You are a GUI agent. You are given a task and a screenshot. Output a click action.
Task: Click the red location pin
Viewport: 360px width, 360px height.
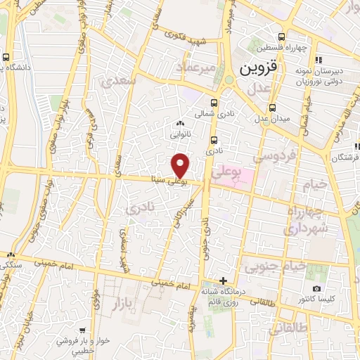point(181,165)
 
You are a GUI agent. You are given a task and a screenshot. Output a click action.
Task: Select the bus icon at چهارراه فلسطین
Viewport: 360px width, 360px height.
point(281,37)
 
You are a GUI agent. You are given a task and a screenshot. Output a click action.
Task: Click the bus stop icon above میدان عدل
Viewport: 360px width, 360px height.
point(272,108)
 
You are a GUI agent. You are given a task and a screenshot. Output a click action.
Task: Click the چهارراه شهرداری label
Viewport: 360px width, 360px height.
point(307,220)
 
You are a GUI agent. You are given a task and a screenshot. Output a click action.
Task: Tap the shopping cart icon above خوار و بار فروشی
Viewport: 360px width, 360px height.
point(83,330)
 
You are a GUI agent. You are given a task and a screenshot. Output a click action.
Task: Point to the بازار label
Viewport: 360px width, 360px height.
point(121,303)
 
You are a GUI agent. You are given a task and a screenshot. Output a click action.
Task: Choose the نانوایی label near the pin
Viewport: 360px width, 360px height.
point(179,131)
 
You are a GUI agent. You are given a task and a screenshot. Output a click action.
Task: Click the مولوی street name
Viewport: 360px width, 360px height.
point(96,307)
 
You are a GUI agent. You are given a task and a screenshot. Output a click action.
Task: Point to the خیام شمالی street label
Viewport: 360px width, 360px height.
point(305,112)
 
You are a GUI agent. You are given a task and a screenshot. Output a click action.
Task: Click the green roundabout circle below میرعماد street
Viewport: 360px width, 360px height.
point(229,79)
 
